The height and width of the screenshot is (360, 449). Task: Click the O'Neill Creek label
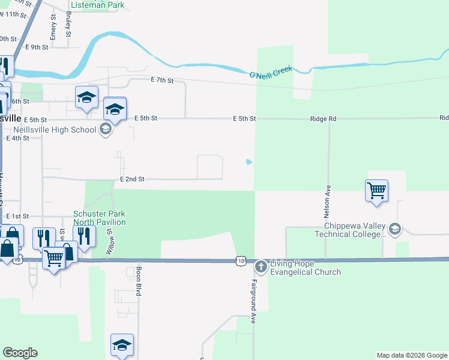pyautogui.click(x=271, y=72)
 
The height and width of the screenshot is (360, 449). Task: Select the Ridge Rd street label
pyautogui.click(x=323, y=119)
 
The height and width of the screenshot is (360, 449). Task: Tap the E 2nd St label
pyautogui.click(x=132, y=179)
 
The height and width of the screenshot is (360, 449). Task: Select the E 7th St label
pyautogui.click(x=162, y=80)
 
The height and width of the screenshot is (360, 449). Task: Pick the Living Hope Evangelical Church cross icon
pyautogui.click(x=261, y=266)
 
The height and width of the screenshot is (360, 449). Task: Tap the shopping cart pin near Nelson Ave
pyautogui.click(x=376, y=191)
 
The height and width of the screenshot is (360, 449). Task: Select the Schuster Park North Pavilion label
pyautogui.click(x=100, y=218)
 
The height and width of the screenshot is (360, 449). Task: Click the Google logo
pyautogui.click(x=20, y=353)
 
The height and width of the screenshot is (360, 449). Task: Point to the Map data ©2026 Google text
pyautogui.click(x=412, y=355)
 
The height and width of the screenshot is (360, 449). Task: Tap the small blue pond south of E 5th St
pyautogui.click(x=249, y=161)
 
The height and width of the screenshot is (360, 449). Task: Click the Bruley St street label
pyautogui.click(x=69, y=25)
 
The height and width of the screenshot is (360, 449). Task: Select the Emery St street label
pyautogui.click(x=53, y=28)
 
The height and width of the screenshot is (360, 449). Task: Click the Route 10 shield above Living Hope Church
pyautogui.click(x=241, y=260)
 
